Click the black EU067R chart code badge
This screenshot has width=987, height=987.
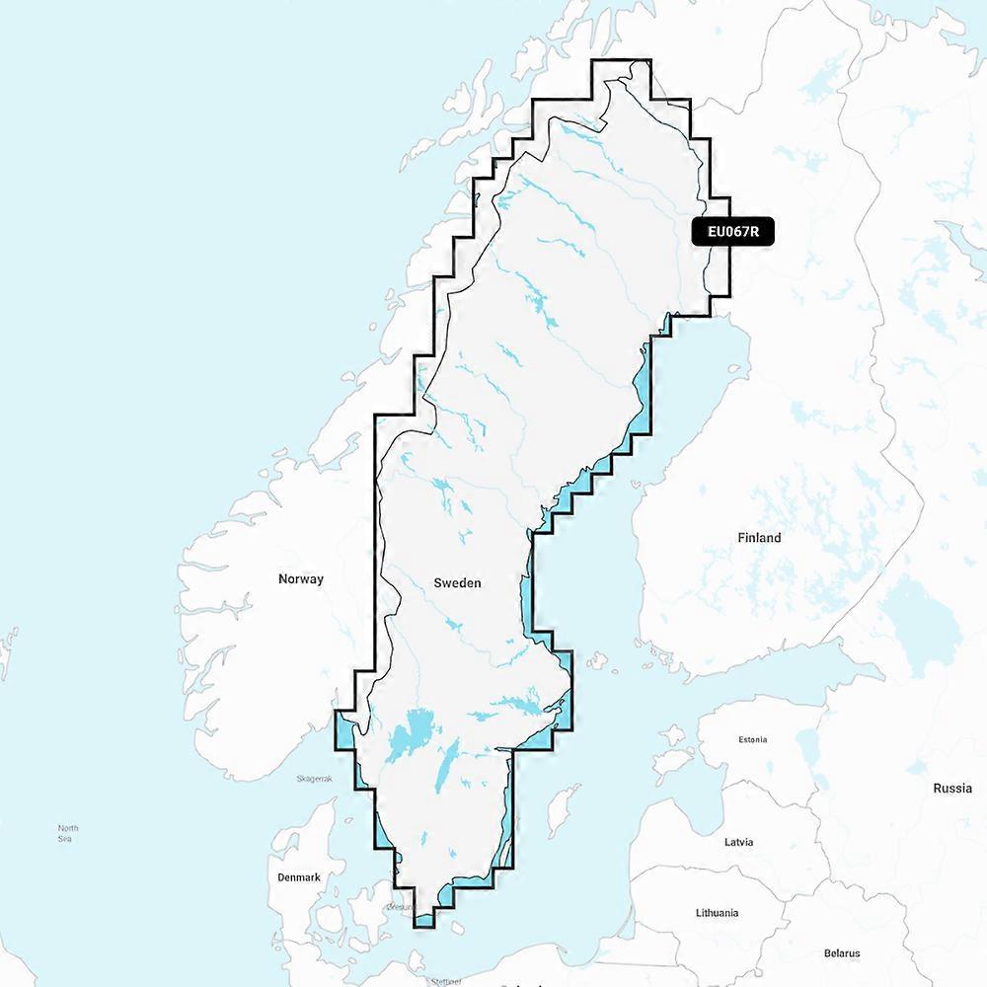pos(732,232)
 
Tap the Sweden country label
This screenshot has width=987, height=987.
pos(457,583)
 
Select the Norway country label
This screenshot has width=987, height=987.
pos(300,579)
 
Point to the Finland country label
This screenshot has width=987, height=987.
pos(759,538)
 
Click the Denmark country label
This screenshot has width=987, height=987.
pos(298,877)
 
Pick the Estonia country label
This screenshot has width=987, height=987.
pos(752,739)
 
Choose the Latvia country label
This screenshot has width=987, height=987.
pos(738,842)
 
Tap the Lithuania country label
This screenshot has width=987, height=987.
pos(716,913)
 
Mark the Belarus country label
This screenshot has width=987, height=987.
pos(841,953)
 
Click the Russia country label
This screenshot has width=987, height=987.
pos(951,789)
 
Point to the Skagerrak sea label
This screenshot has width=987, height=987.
pos(315,779)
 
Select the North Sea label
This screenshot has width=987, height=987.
pos(67,833)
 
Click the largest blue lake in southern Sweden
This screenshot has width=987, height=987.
pos(408,735)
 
